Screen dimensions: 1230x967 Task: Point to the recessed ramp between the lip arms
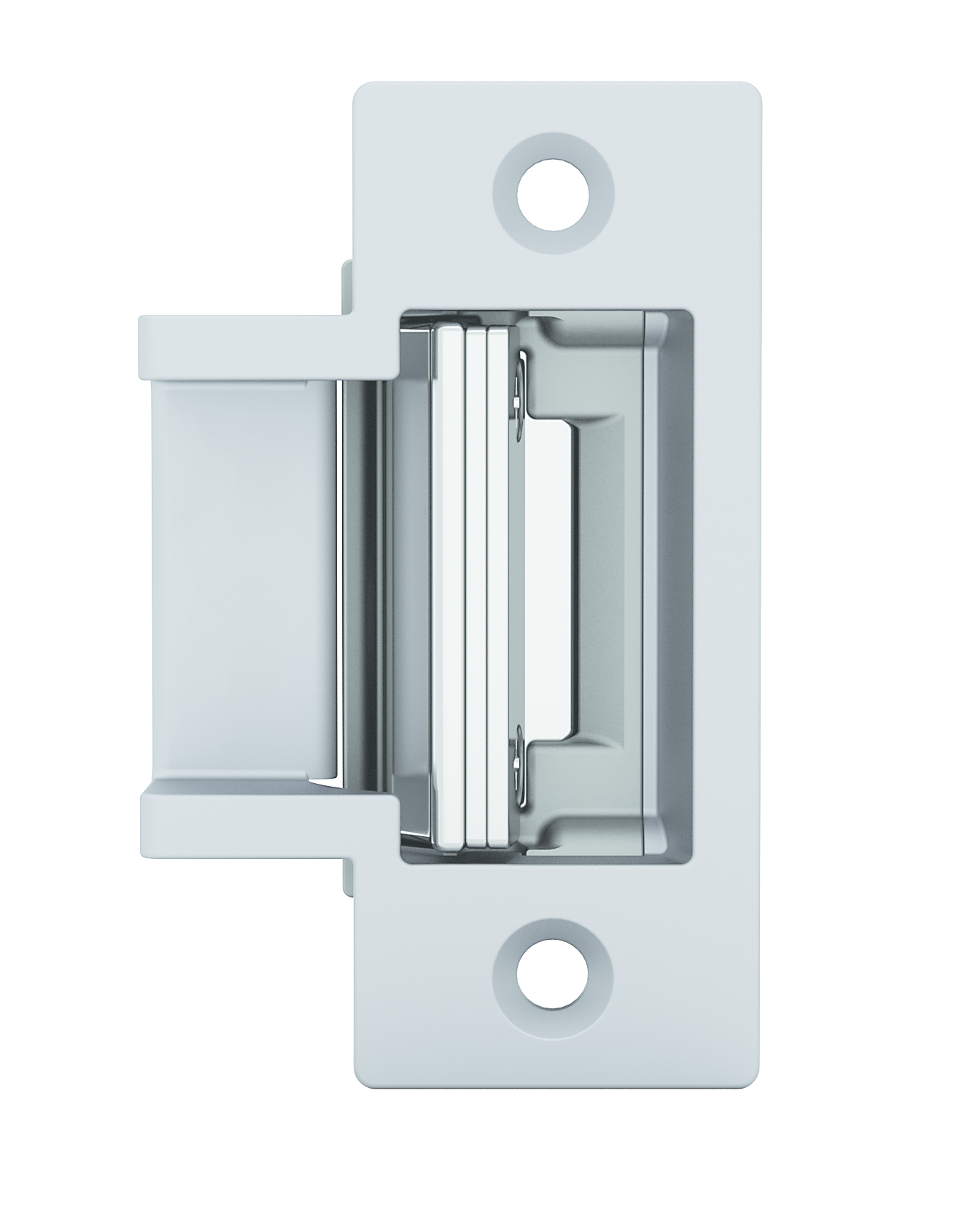click(x=241, y=583)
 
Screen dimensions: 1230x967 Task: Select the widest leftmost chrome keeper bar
click(x=448, y=583)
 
